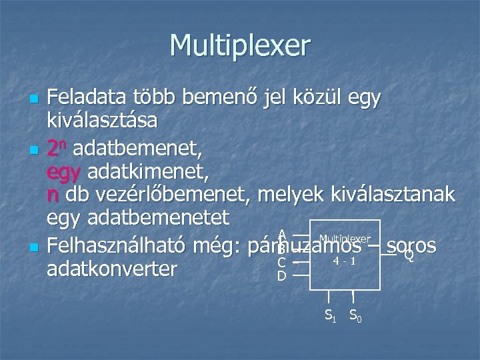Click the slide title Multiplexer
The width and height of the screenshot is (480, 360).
coord(240,46)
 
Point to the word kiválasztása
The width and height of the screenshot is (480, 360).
coord(102,122)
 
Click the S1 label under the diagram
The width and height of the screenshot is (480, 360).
coord(330,314)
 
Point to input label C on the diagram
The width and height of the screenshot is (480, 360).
coord(281,262)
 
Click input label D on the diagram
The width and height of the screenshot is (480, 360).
coord(281,275)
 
